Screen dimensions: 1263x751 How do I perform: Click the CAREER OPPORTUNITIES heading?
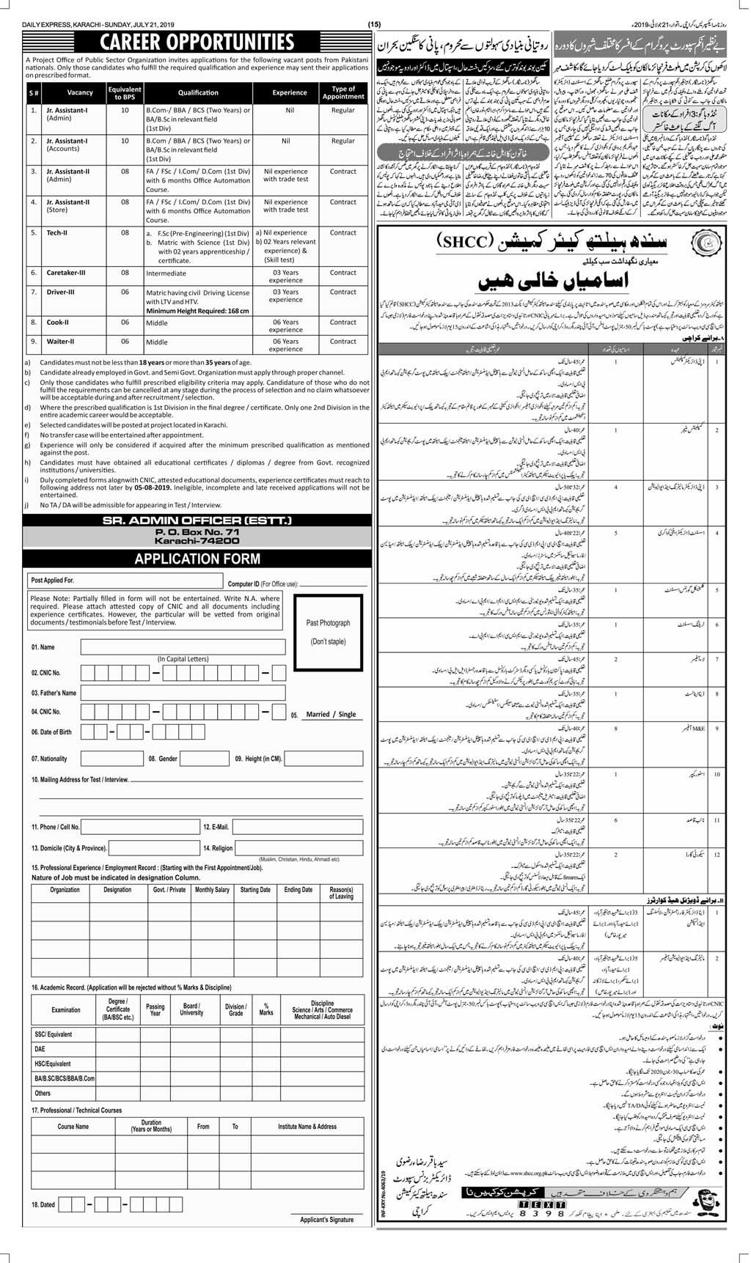tap(197, 42)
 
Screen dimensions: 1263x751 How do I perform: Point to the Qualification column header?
tap(197, 93)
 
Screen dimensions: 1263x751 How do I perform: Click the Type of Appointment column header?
tap(343, 93)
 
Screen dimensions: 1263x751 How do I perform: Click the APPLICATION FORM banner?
tap(197, 559)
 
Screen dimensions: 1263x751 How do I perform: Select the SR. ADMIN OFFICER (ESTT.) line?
tap(197, 520)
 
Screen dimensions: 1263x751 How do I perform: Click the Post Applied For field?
tap(124, 581)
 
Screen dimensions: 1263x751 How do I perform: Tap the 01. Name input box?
tap(183, 647)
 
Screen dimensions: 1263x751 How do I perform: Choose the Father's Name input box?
tap(183, 693)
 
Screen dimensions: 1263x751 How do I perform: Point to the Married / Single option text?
tap(331, 714)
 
